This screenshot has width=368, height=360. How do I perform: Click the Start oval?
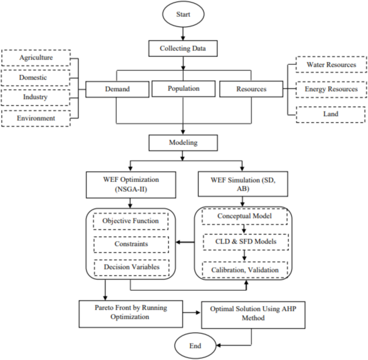[x=184, y=14]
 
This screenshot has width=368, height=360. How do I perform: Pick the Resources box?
[x=251, y=89]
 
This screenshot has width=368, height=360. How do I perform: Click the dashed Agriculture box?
[x=36, y=57]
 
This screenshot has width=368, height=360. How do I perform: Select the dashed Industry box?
[x=36, y=98]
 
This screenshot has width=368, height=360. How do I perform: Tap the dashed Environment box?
[x=36, y=117]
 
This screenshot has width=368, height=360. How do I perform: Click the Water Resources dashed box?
[x=331, y=65]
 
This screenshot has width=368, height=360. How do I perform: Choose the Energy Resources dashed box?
[x=331, y=89]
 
